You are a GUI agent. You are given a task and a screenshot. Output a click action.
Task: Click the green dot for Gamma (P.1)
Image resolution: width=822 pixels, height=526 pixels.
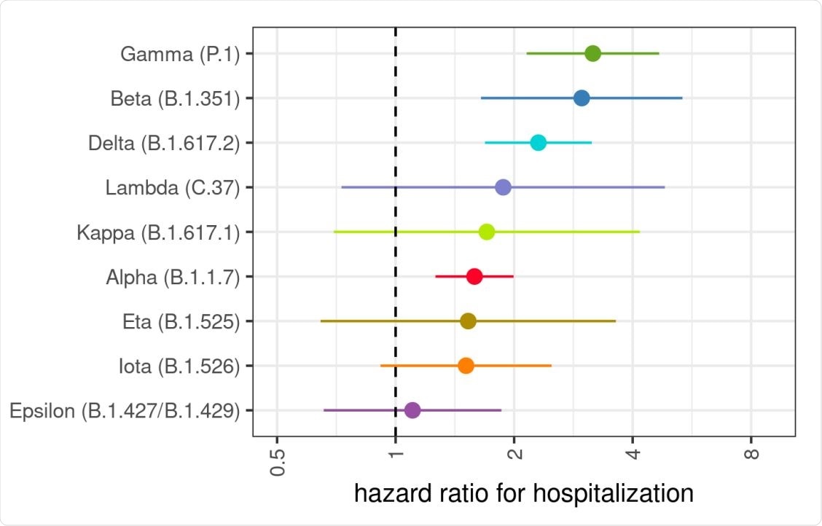(592, 53)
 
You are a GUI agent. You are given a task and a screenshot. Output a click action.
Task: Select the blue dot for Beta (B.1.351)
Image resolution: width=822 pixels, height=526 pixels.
(582, 98)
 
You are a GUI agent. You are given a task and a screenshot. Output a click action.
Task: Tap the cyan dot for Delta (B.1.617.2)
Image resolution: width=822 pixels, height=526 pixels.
(538, 143)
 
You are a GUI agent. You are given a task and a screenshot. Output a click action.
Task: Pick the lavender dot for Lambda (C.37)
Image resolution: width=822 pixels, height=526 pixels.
(503, 187)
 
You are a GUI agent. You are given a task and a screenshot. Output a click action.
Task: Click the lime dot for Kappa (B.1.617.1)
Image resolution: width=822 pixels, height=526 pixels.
(487, 232)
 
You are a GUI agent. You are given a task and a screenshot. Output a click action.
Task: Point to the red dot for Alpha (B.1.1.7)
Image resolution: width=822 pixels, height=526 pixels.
(474, 276)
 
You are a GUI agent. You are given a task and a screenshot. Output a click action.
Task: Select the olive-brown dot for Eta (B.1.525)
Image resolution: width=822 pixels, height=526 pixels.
(468, 321)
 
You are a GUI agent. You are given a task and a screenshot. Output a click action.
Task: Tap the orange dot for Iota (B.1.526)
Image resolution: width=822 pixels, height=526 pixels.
(466, 366)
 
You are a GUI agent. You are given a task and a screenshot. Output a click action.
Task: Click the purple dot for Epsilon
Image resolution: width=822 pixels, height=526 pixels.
(412, 410)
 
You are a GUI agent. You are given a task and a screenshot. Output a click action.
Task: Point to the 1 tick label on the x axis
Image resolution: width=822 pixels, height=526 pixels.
(396, 455)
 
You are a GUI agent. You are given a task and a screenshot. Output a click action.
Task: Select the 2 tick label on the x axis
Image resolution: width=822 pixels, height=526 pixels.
(514, 455)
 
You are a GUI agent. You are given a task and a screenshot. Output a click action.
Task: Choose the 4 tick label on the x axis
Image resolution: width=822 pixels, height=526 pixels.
(633, 455)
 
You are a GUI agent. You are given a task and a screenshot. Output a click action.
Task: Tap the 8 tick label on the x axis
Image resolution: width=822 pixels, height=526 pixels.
(751, 455)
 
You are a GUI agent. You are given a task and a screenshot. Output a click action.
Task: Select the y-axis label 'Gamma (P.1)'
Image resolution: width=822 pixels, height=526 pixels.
(181, 54)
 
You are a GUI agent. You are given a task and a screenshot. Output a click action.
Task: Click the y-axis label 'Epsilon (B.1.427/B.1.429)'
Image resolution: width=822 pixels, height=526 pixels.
(125, 411)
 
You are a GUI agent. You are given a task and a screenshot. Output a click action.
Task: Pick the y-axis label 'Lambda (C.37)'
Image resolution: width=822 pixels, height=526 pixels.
(173, 188)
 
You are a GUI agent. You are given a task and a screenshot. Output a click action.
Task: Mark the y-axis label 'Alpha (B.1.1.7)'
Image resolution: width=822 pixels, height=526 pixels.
(173, 277)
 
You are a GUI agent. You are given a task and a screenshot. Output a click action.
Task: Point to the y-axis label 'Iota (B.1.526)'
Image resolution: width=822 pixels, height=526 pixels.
(179, 366)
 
